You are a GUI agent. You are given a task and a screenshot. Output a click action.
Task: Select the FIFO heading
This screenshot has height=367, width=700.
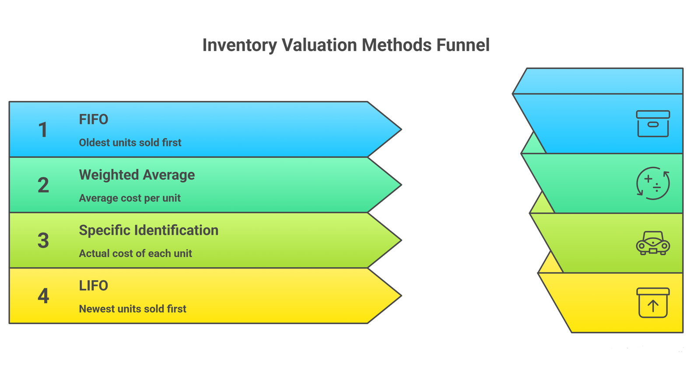pyautogui.click(x=93, y=119)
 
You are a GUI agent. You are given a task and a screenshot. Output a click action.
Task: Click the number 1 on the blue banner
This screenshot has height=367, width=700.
pyautogui.click(x=43, y=130)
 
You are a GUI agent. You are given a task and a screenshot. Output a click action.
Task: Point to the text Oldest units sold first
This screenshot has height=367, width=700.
pyautogui.click(x=130, y=143)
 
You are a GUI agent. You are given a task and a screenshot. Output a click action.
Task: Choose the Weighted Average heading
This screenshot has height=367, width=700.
pyautogui.click(x=136, y=175)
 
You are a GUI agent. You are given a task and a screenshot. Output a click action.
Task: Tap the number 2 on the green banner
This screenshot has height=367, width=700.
pyautogui.click(x=43, y=185)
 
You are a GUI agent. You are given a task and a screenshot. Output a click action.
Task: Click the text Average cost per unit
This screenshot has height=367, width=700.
pyautogui.click(x=129, y=198)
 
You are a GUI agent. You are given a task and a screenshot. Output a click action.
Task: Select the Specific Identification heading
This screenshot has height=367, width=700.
pyautogui.click(x=148, y=231)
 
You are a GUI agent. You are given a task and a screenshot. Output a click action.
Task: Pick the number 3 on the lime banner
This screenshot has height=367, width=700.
pyautogui.click(x=43, y=241)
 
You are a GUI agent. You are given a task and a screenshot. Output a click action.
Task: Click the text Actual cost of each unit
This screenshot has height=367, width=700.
pyautogui.click(x=135, y=254)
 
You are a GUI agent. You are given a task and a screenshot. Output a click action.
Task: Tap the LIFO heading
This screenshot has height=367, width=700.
pyautogui.click(x=93, y=286)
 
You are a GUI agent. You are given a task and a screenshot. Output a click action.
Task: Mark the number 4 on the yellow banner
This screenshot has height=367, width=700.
pyautogui.click(x=43, y=296)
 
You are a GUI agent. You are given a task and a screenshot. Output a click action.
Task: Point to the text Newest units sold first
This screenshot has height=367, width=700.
pyautogui.click(x=133, y=309)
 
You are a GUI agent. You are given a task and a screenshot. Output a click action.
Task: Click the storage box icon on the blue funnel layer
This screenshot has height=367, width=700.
pyautogui.click(x=653, y=124)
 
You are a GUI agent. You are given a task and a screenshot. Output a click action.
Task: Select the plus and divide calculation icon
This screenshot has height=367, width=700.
pyautogui.click(x=653, y=183)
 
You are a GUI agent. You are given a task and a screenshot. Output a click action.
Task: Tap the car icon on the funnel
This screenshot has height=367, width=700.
pyautogui.click(x=653, y=243)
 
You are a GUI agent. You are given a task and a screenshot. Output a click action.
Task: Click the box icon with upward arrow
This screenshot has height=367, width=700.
pyautogui.click(x=653, y=303)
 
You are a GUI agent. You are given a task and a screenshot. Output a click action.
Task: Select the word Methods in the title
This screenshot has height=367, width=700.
pyautogui.click(x=396, y=45)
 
